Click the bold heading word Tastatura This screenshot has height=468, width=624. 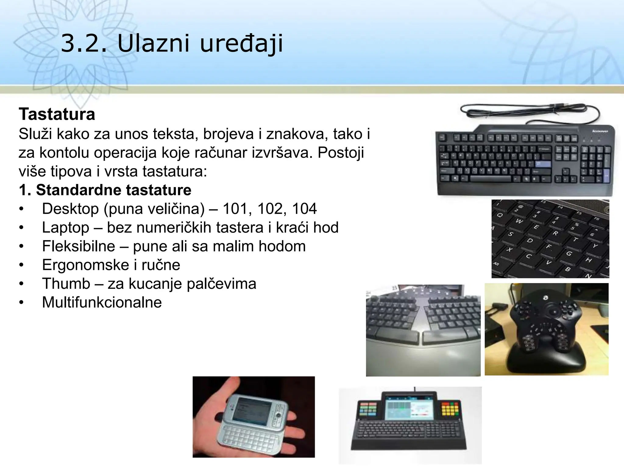57,114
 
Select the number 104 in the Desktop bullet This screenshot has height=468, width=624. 304,209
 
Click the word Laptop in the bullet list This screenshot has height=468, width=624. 66,228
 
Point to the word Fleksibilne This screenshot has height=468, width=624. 79,246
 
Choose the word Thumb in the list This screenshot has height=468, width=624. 66,284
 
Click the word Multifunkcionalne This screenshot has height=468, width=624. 102,303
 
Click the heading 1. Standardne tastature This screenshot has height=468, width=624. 105,190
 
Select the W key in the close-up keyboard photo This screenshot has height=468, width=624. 519,221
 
